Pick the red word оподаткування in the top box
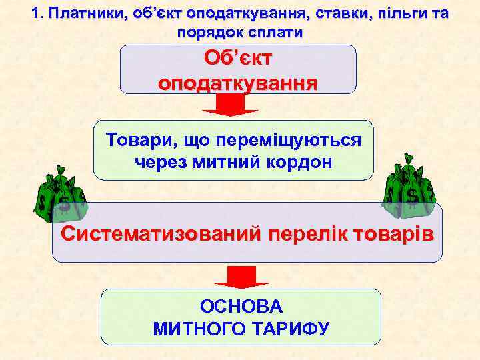[238, 84]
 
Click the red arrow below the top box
[230, 104]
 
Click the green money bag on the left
[60, 197]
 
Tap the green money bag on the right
[409, 189]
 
